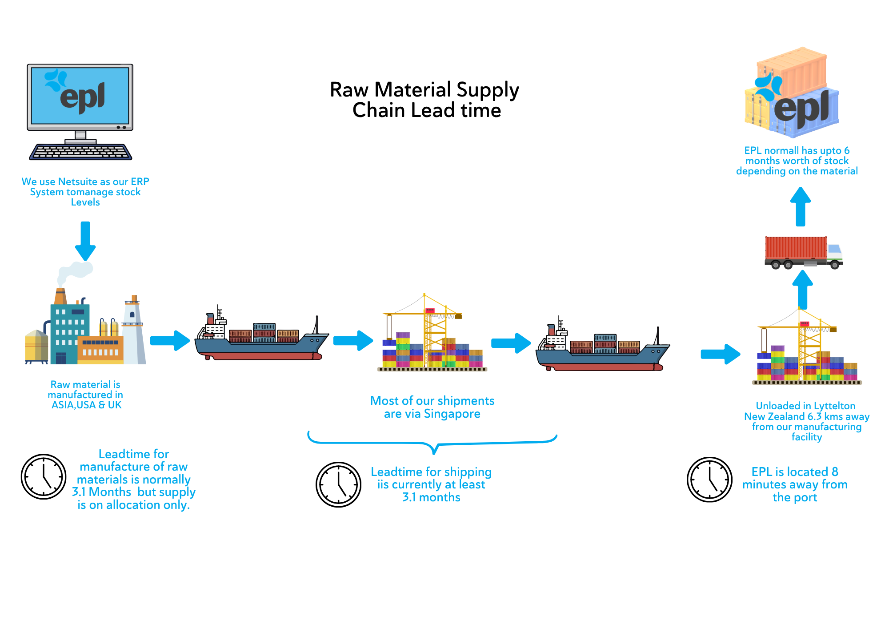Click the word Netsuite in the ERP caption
click(x=78, y=181)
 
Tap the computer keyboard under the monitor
click(x=80, y=152)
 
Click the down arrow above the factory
click(x=85, y=241)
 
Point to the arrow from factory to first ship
click(x=170, y=341)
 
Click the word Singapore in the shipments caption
click(x=452, y=414)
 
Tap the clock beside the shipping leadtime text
click(x=339, y=484)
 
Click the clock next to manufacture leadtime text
click(x=44, y=477)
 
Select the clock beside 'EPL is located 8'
click(x=710, y=480)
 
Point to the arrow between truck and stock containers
click(x=801, y=206)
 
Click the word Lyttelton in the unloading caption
click(x=834, y=406)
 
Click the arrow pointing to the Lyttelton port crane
click(x=721, y=354)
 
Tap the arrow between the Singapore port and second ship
click(x=511, y=343)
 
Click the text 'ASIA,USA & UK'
click(x=86, y=405)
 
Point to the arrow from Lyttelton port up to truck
click(x=803, y=290)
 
